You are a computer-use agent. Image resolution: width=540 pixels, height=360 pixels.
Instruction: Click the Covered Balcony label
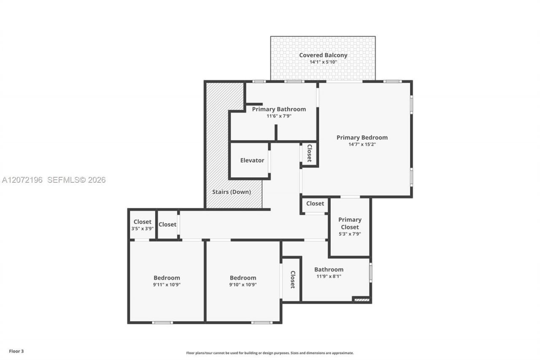[323, 55]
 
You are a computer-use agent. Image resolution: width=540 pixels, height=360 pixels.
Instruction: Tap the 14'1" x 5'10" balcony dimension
[323, 62]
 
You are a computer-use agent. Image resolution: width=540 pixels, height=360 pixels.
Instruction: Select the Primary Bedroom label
[362, 138]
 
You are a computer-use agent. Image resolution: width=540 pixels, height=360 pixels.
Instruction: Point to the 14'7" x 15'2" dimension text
[362, 144]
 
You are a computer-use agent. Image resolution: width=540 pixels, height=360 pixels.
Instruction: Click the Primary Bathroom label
[279, 109]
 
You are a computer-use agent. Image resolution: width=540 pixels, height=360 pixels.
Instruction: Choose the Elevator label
[252, 160]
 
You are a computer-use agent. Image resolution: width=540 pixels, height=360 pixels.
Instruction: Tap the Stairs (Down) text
[232, 192]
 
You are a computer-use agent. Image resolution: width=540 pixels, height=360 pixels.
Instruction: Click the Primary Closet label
[350, 223]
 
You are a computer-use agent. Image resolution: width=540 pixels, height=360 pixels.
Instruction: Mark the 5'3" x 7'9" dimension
[350, 234]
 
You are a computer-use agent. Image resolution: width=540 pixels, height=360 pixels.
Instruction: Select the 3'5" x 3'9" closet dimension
[143, 229]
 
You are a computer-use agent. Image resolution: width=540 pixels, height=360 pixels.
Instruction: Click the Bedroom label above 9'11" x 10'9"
[167, 278]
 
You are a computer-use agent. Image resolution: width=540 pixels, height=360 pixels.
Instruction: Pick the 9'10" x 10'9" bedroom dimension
[243, 284]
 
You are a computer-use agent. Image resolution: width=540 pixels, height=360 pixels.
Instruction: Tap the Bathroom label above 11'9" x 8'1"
[329, 269]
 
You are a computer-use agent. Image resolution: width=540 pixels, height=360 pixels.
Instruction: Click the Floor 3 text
[16, 351]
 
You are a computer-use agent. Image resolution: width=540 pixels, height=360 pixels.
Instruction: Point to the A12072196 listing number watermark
[22, 180]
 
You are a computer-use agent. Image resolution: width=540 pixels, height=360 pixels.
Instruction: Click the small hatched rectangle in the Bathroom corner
[362, 300]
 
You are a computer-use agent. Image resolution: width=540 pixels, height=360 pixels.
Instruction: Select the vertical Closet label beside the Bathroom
[293, 279]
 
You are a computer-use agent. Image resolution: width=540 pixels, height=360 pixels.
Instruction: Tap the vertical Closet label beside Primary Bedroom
[310, 153]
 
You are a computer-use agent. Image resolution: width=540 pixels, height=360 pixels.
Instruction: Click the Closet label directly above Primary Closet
[315, 203]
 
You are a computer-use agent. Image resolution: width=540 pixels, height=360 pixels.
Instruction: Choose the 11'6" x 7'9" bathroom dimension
[279, 116]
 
